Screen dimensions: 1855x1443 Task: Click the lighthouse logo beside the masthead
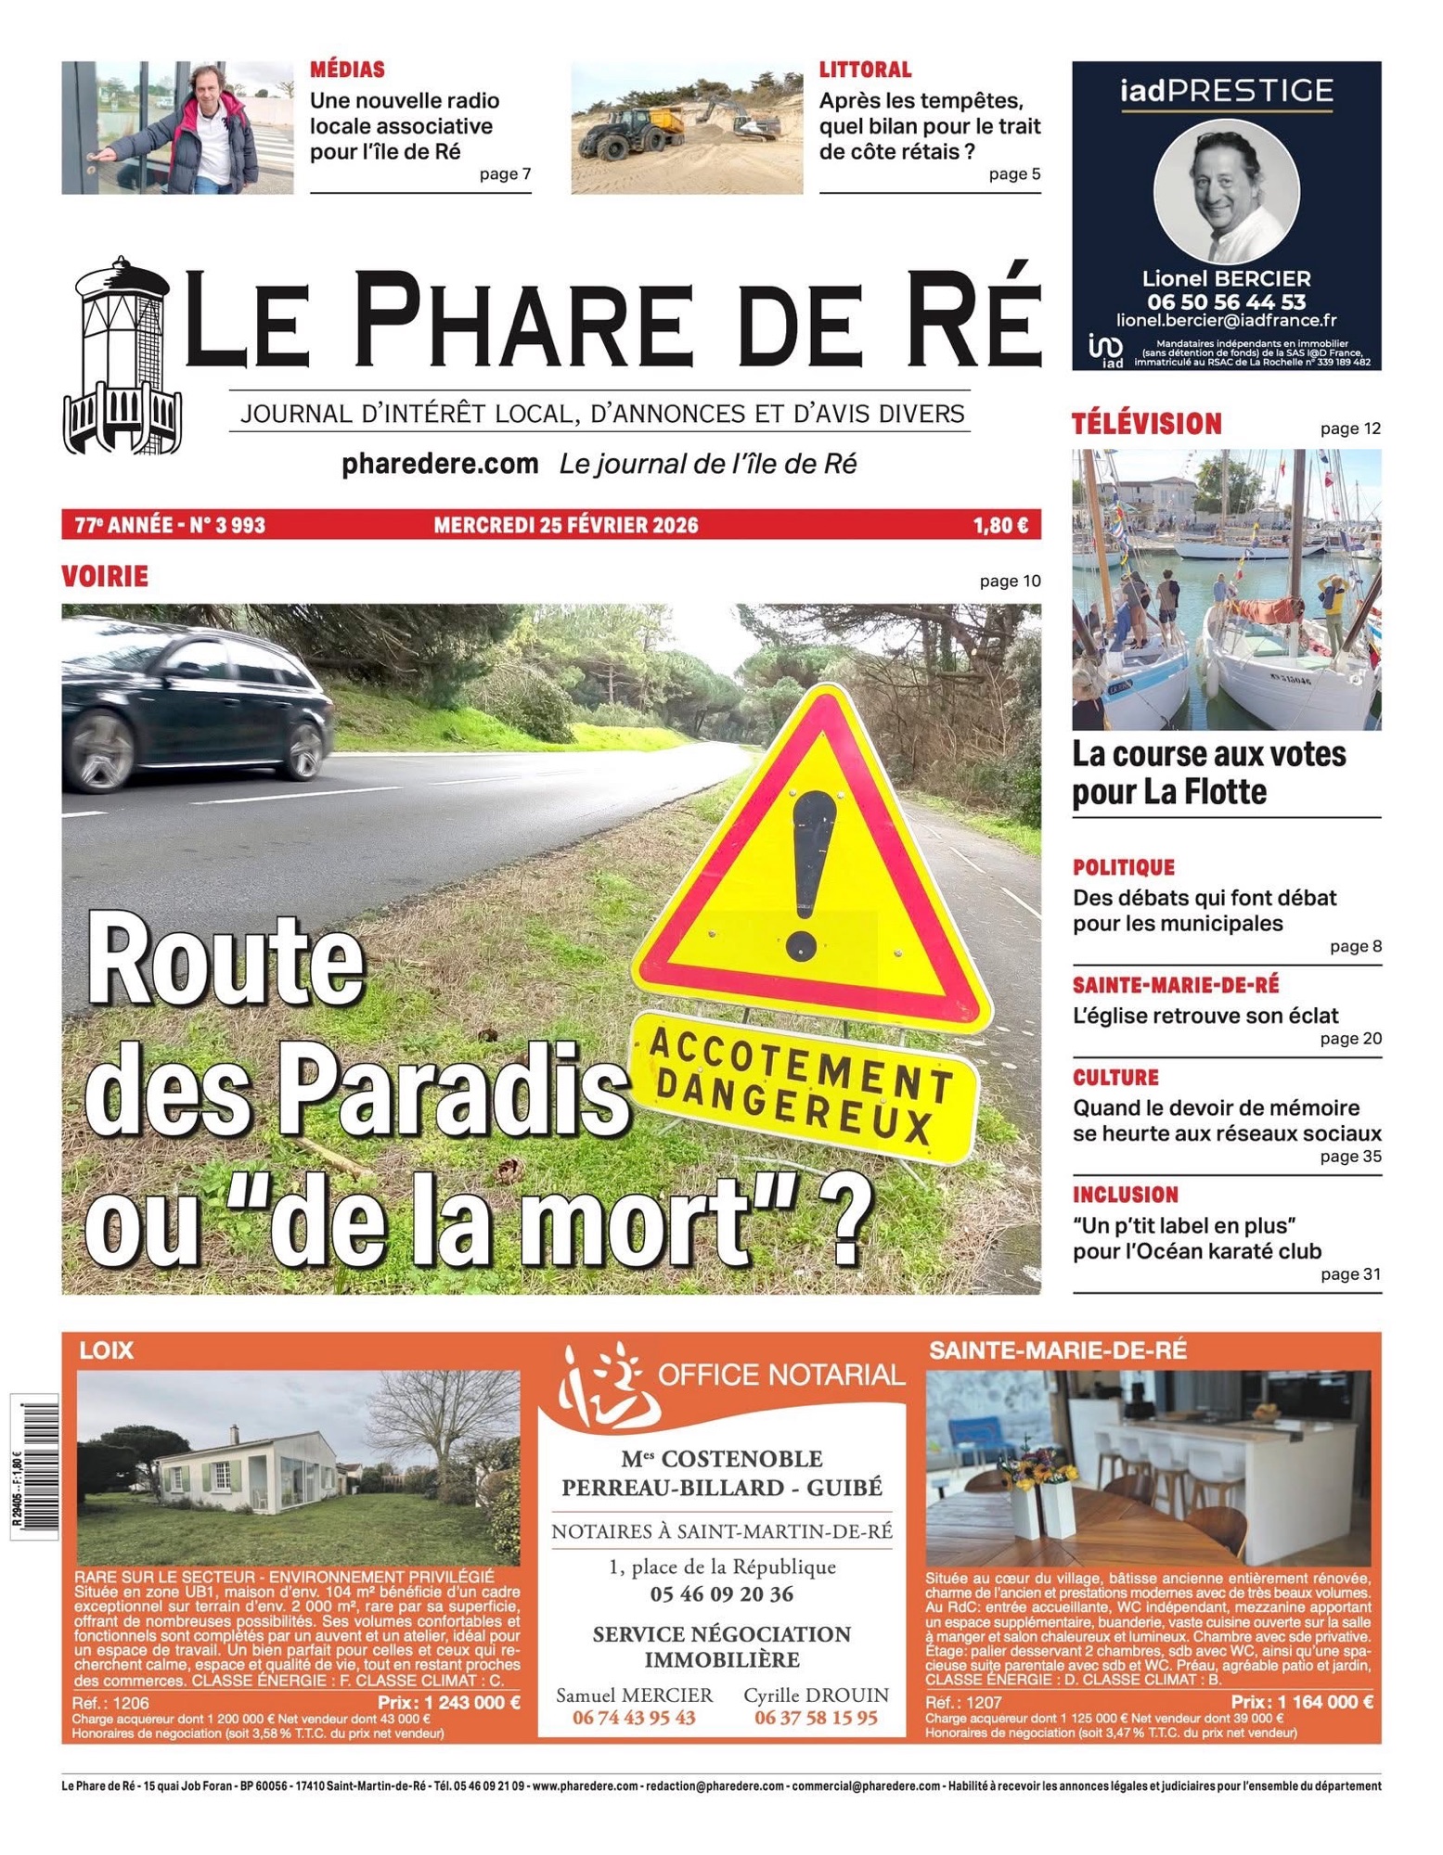point(121,357)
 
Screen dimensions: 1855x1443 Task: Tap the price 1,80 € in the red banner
point(999,525)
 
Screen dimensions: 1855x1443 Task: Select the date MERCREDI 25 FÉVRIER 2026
point(566,525)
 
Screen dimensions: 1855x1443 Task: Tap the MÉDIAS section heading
point(347,70)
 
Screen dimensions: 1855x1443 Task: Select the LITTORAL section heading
point(865,70)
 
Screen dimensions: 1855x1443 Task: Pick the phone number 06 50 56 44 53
point(1226,301)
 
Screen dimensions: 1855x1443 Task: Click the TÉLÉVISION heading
point(1147,424)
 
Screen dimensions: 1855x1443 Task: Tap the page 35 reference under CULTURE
point(1350,1157)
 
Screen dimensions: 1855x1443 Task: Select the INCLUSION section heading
point(1126,1195)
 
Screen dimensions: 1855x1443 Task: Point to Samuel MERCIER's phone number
point(634,1718)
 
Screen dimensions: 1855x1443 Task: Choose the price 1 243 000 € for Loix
point(449,1702)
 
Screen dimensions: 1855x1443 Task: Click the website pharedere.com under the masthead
point(440,464)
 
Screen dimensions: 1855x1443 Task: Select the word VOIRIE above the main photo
point(105,576)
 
